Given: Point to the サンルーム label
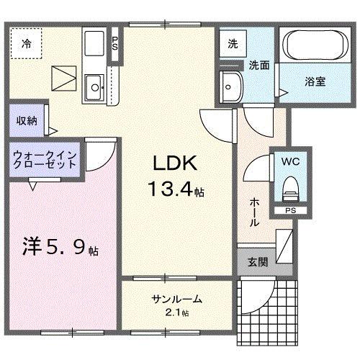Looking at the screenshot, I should pos(176,300).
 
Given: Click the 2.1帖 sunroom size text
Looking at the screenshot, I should pos(176,313).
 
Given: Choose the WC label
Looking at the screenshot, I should pos(290,162).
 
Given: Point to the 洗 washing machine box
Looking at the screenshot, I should pos(233,43).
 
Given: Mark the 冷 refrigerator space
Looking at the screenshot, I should pos(26,43).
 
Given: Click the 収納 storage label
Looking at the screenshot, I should pos(27,121).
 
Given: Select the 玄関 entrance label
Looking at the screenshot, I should pos(258,262).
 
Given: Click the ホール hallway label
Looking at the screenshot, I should pos(254,212).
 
